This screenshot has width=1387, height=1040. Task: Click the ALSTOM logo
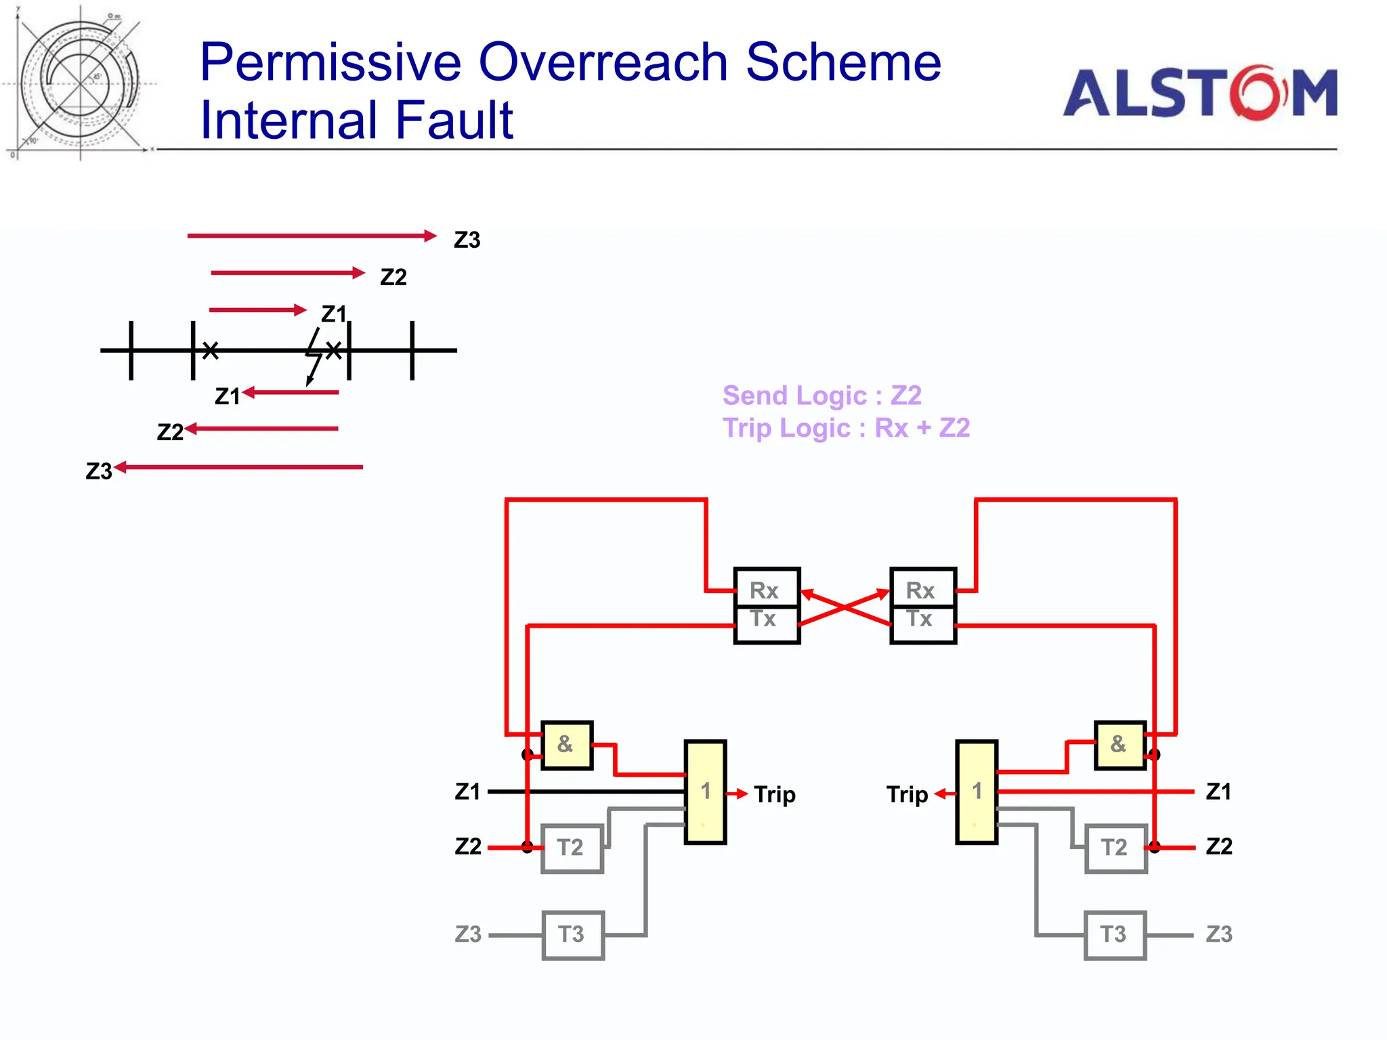point(1199,93)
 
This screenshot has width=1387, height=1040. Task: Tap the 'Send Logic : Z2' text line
point(821,395)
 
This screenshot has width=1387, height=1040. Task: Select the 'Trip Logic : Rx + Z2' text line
point(846,428)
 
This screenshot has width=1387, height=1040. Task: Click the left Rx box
point(767,588)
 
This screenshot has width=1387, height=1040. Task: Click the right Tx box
point(922,624)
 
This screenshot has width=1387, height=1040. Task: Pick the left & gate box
point(567,745)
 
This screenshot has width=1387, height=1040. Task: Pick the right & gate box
point(1119,745)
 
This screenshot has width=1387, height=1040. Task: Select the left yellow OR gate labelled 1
point(705,792)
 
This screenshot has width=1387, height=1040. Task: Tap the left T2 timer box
point(572,848)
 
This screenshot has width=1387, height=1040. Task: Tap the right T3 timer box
point(1115,934)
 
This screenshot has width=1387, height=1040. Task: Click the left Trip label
point(774,794)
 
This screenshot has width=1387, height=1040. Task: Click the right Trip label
point(906,794)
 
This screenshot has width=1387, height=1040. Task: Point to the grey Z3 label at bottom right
point(1218,934)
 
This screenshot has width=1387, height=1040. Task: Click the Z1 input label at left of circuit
point(467,792)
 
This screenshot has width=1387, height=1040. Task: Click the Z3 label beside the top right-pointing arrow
point(467,240)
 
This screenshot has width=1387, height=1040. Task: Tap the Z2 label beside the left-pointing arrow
point(170,432)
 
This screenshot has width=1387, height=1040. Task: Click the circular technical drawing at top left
point(80,83)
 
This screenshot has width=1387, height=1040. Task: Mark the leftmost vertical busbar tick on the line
point(131,350)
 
